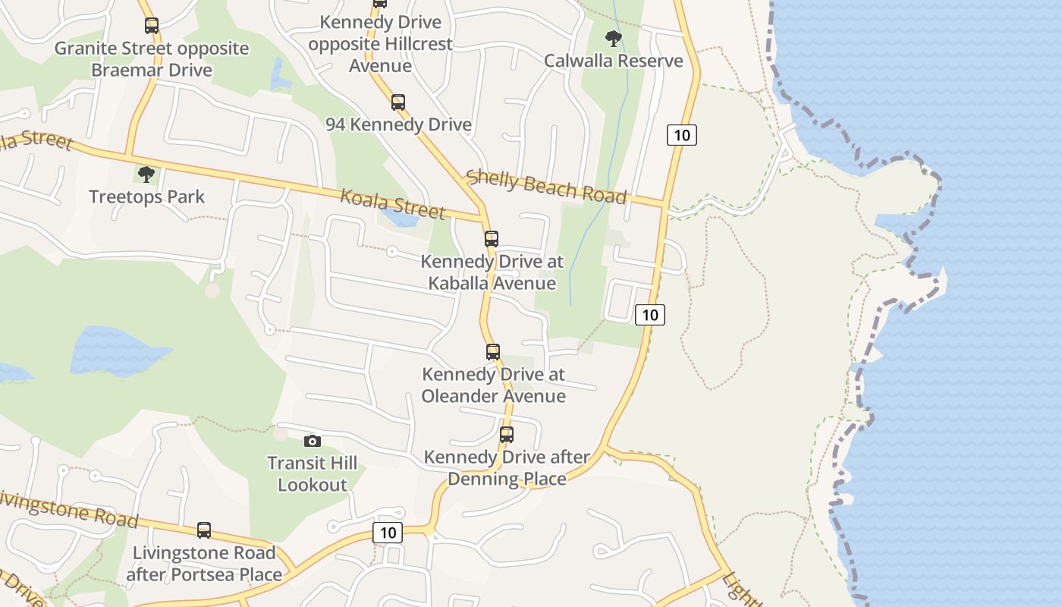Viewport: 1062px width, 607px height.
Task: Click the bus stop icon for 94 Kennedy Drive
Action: pyautogui.click(x=398, y=102)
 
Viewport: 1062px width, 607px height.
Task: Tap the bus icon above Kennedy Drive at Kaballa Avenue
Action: pyautogui.click(x=492, y=239)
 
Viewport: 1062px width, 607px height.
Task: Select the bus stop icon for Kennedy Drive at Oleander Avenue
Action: pyautogui.click(x=493, y=352)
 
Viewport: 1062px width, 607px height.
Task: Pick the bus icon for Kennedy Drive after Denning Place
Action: pyautogui.click(x=507, y=435)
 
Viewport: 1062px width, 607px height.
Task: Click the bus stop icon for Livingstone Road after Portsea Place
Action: pyautogui.click(x=204, y=530)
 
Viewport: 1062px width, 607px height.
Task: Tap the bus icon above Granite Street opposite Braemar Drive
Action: pyautogui.click(x=152, y=26)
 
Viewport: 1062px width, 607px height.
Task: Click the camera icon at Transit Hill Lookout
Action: pyautogui.click(x=312, y=441)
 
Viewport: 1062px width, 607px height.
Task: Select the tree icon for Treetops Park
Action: pyautogui.click(x=146, y=175)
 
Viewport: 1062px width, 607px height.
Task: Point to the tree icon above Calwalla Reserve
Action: pyautogui.click(x=614, y=38)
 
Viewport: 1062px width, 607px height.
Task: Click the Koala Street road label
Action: pyautogui.click(x=392, y=203)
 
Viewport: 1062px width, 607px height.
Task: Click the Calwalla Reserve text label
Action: pyautogui.click(x=614, y=61)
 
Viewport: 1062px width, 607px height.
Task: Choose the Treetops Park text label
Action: pyautogui.click(x=147, y=197)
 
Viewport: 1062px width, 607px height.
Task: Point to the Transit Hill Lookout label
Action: pyautogui.click(x=312, y=473)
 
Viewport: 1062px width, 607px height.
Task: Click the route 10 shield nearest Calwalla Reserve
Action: pyautogui.click(x=682, y=135)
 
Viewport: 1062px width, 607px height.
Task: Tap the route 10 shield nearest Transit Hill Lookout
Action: pyautogui.click(x=387, y=533)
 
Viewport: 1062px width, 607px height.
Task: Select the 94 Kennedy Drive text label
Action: pyautogui.click(x=398, y=124)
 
